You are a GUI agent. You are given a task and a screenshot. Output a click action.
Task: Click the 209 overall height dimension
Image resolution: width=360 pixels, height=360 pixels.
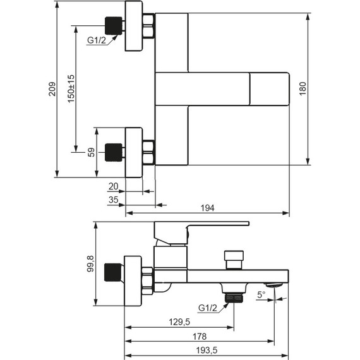pos(52,89)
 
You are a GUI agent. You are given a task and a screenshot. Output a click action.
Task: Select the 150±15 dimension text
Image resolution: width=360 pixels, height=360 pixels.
pos(71,88)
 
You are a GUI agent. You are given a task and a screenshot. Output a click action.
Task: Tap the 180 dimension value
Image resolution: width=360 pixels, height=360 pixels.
pos(303,88)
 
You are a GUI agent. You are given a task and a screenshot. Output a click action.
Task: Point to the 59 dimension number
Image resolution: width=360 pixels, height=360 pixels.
pos(91,152)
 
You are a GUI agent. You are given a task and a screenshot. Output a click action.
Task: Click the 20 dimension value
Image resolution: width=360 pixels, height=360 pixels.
pos(113,186)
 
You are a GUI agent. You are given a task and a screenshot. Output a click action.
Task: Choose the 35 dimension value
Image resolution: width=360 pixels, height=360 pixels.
pos(114,200)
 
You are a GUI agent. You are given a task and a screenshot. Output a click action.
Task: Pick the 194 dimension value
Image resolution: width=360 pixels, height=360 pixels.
pos(208,208)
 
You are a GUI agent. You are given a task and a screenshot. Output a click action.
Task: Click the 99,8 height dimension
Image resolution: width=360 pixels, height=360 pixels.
pos(90,264)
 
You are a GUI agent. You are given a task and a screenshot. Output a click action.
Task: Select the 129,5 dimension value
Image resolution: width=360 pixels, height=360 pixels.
pos(179,322)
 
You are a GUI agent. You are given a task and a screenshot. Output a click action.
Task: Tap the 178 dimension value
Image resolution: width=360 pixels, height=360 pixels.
pos(200,337)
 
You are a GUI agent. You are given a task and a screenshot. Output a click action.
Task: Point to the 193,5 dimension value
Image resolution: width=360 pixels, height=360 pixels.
pos(207,351)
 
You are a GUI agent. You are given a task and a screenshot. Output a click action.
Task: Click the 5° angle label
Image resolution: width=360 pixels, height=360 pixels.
pos(261,294)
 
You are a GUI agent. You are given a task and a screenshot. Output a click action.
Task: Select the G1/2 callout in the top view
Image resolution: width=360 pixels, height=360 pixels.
pos(97,40)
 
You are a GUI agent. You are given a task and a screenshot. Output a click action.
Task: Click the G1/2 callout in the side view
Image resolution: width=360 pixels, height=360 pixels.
pos(208,308)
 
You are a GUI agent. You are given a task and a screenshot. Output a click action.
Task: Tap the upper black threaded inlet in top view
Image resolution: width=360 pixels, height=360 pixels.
pos(114,26)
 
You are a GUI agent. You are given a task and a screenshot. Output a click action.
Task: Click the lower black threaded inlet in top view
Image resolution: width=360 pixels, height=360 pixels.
pos(114,152)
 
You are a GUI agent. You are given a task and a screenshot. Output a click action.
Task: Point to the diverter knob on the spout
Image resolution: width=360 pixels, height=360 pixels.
pos(234,260)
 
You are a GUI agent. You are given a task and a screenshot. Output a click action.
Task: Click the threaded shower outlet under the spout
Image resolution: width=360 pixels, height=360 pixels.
pos(234,298)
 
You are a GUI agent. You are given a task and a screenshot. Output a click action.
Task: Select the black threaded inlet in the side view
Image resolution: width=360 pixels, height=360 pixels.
pos(112,272)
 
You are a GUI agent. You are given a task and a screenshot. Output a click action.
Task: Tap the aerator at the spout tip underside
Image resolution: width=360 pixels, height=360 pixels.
pos(274,285)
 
